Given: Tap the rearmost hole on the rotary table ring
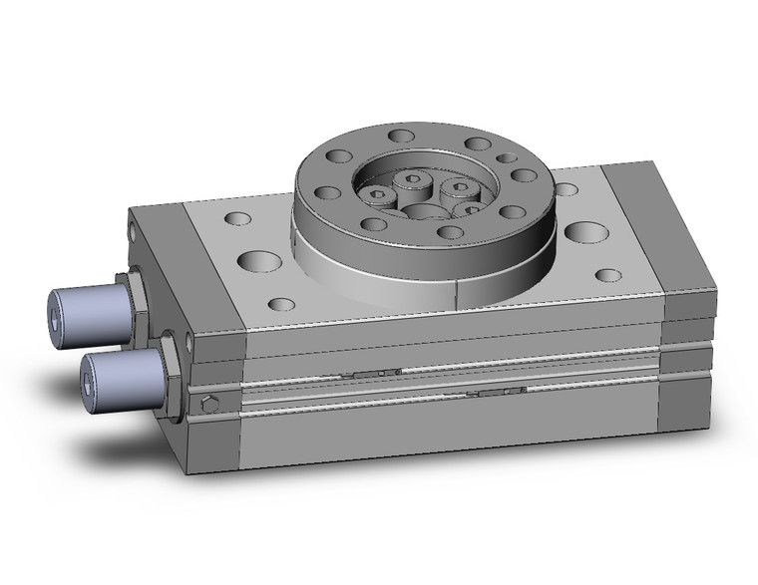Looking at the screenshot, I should pyautogui.click(x=402, y=136).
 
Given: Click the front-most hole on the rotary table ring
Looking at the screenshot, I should pyautogui.click(x=451, y=232).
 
